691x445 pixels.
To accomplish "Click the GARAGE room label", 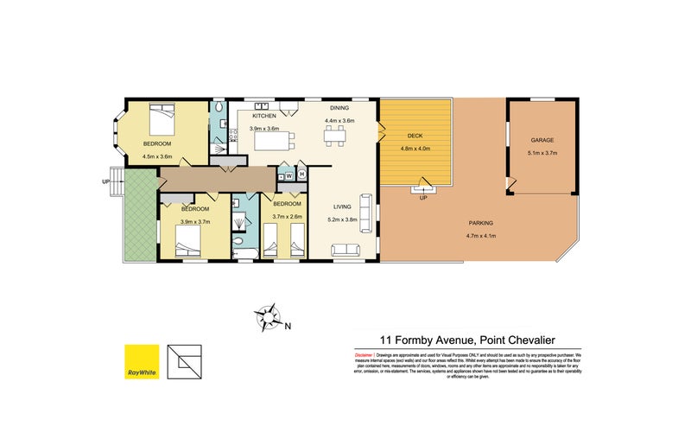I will coord(542,139).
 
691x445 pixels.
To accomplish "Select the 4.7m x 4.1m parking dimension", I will coord(482,235).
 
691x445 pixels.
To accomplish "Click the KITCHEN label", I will coord(264,115).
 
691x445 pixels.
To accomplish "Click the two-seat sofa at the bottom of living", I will coord(346,251).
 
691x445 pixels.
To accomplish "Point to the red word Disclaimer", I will coord(363,355).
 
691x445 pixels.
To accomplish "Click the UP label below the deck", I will coord(423,198).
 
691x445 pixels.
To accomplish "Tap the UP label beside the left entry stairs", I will coord(106,182).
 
